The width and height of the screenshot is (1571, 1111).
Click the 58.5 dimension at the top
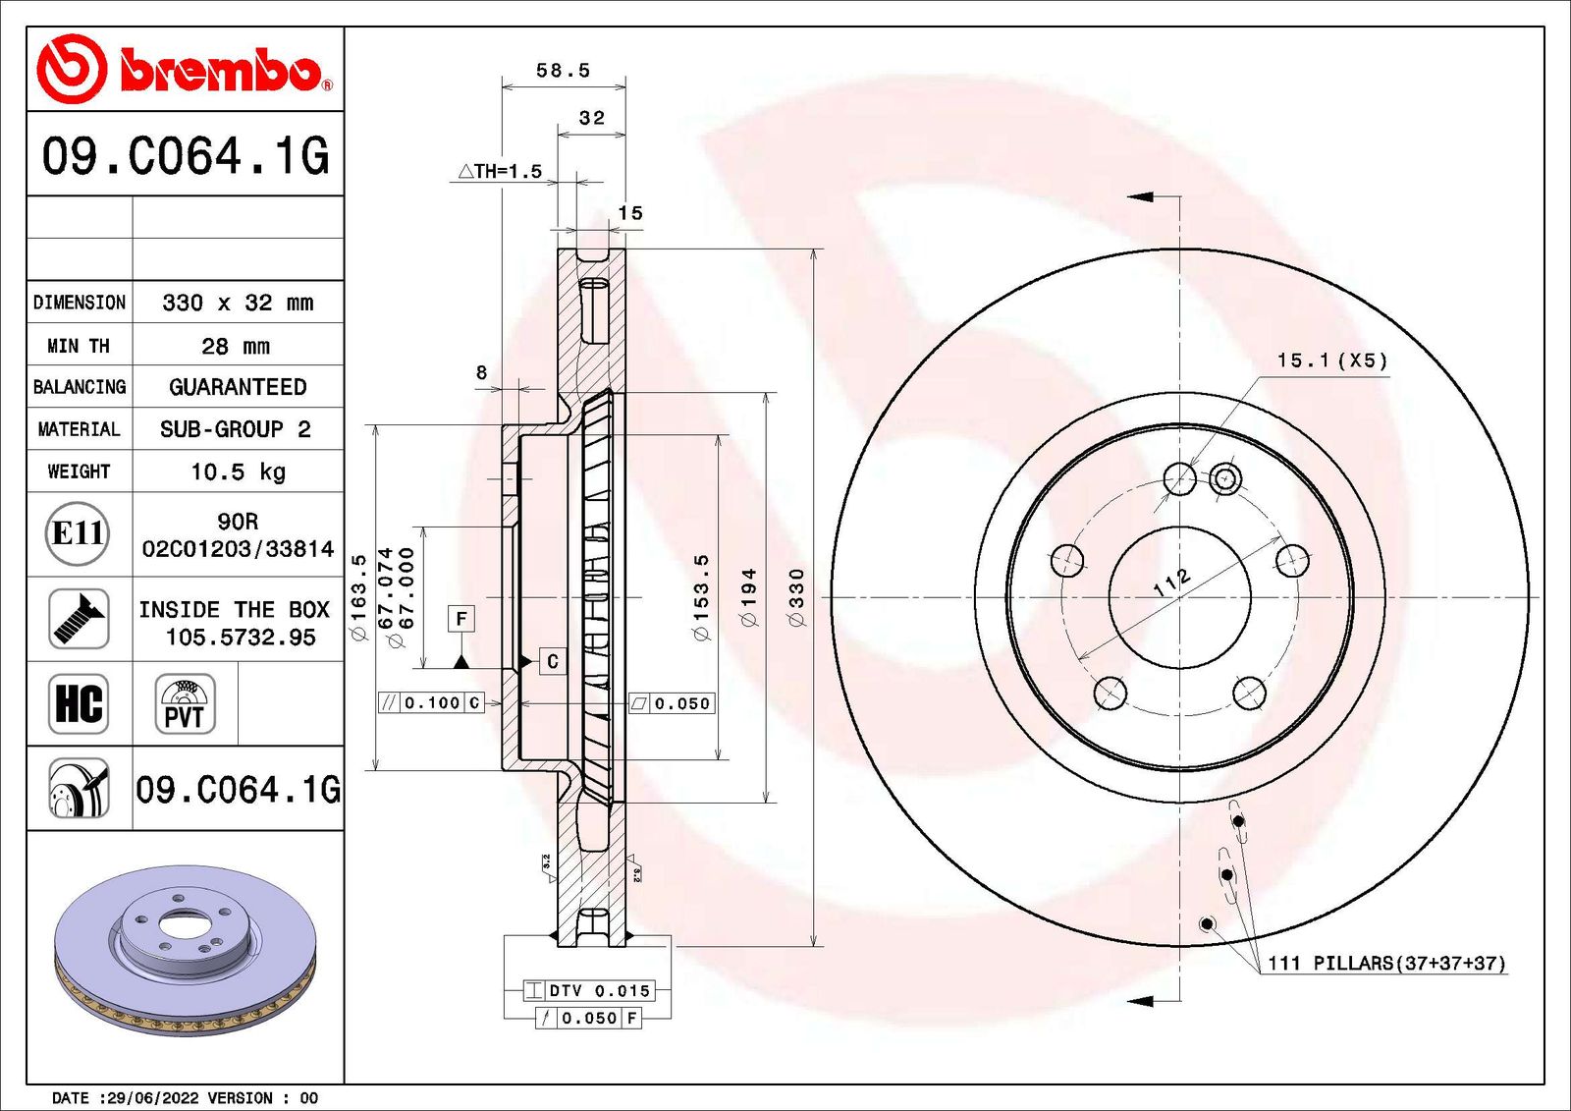click(563, 71)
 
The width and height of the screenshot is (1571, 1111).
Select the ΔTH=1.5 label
click(501, 171)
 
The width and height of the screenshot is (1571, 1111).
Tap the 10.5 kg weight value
click(238, 472)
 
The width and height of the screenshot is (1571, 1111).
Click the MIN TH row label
click(79, 346)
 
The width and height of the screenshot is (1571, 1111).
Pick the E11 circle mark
click(78, 533)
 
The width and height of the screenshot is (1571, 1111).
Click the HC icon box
click(79, 703)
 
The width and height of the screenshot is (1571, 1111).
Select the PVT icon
click(185, 703)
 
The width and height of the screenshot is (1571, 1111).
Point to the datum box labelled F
click(461, 618)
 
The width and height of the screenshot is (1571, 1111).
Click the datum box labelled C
click(553, 661)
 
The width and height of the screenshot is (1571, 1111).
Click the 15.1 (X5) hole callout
click(1331, 361)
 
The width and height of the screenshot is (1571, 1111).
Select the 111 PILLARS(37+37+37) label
click(1385, 963)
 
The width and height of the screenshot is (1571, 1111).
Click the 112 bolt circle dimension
click(1171, 582)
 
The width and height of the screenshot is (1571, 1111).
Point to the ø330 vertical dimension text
click(796, 596)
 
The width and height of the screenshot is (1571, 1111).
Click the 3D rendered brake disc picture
click(185, 949)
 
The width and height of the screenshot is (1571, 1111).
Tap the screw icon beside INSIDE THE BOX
click(79, 619)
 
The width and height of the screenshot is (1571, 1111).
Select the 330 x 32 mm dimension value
click(238, 303)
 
